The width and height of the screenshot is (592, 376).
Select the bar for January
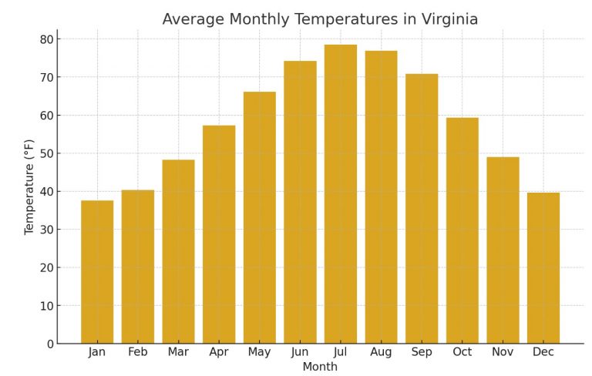coord(97,272)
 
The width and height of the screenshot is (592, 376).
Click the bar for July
coord(341,194)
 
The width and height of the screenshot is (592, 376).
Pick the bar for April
coord(219,234)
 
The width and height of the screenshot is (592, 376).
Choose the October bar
coord(462,230)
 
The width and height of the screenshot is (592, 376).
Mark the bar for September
coord(422,209)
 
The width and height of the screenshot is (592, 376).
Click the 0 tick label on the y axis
coord(49,344)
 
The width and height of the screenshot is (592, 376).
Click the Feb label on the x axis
coord(138,352)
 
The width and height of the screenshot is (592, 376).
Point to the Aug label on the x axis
coord(381,352)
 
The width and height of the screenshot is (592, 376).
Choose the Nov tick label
coord(503,352)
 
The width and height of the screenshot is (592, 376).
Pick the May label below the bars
coord(259,352)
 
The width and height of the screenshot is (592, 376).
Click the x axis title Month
coord(320,368)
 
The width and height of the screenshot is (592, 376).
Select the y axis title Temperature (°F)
coord(29,187)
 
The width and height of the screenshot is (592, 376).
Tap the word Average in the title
coord(193,19)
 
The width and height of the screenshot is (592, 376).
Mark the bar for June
coord(300,202)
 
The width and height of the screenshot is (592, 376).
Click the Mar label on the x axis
coord(178,352)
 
